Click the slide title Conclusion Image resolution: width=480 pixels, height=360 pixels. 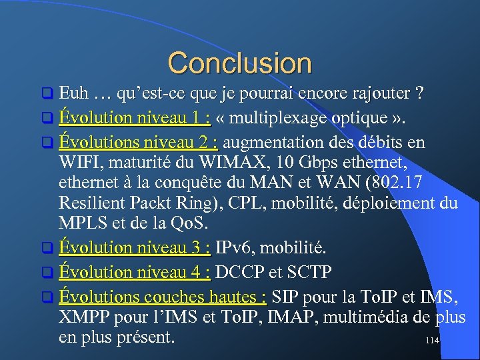pyautogui.click(x=239, y=63)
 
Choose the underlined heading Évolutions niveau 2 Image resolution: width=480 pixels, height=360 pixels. pyautogui.click(x=140, y=143)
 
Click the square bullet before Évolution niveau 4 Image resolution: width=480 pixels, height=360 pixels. pyautogui.click(x=46, y=273)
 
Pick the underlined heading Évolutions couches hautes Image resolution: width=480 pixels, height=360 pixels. pyautogui.click(x=163, y=296)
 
